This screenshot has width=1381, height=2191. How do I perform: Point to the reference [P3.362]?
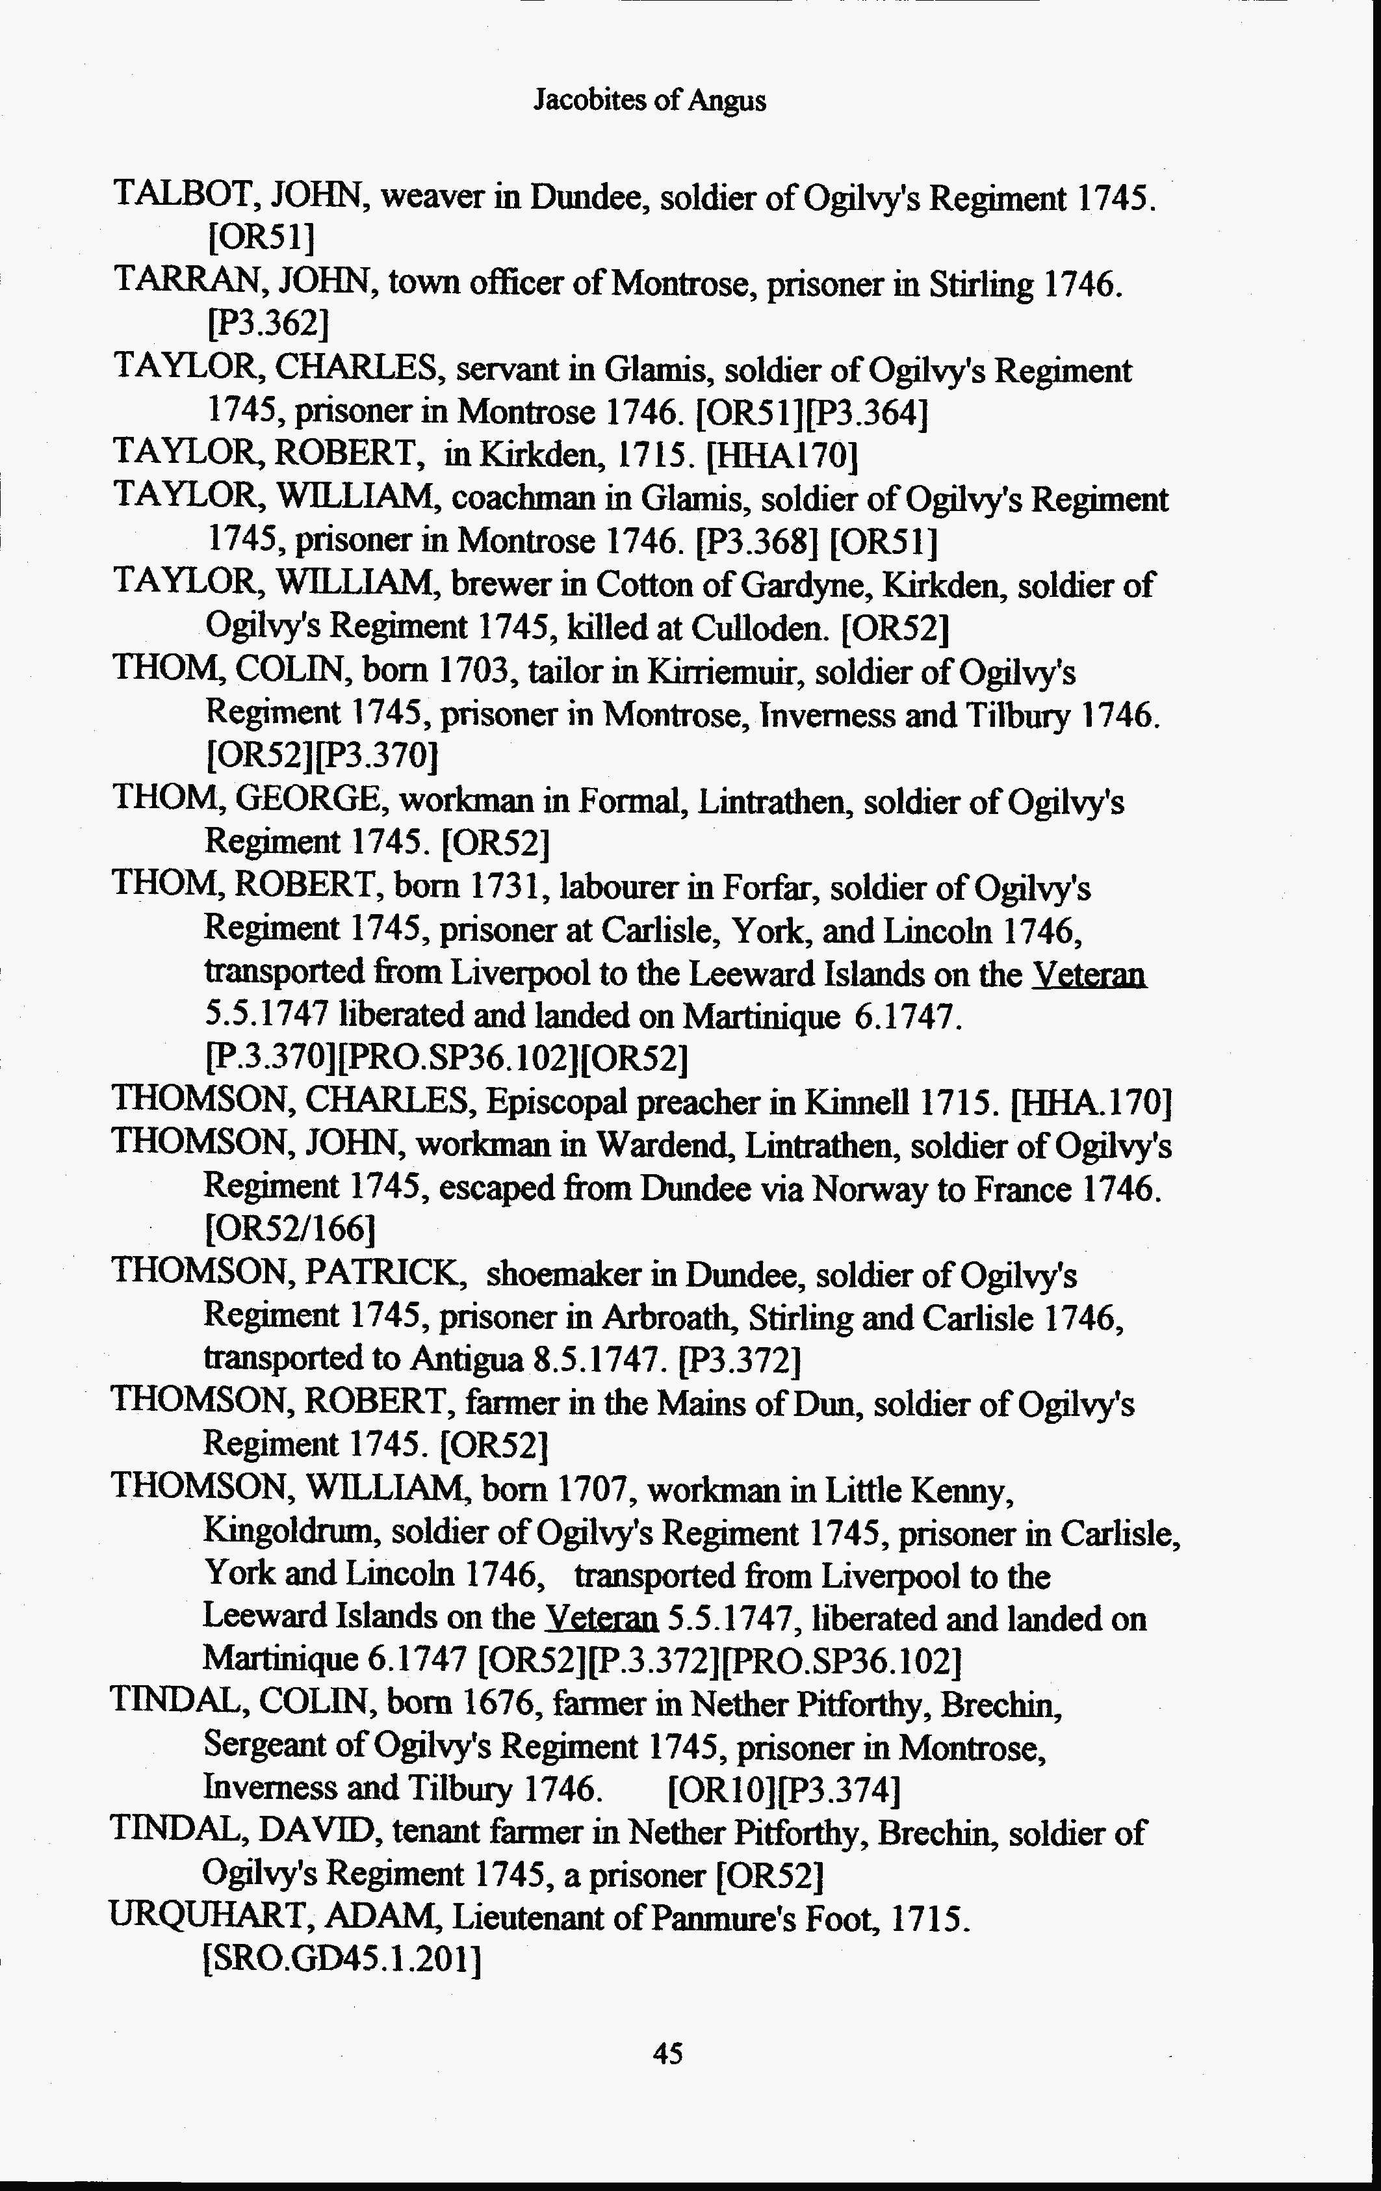268,323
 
